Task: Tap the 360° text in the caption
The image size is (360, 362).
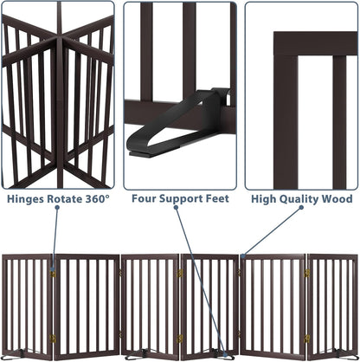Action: point(96,199)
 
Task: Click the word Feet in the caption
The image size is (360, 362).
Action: point(213,199)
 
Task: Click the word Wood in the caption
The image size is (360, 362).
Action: point(337,199)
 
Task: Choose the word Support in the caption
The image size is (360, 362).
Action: point(181,199)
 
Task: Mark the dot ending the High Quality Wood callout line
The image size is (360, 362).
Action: point(243,257)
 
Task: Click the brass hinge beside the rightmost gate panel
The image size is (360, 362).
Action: point(306,274)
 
